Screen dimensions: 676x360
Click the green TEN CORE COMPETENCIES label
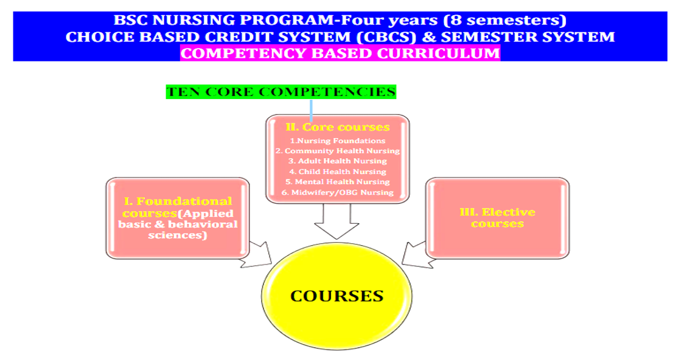tap(281, 92)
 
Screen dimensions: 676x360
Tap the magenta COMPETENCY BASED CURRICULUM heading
tap(340, 54)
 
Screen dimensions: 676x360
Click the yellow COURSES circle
tap(336, 296)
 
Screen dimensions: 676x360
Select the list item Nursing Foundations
tap(338, 141)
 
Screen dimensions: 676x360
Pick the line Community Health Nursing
tap(338, 151)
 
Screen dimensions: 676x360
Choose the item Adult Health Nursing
tap(338, 161)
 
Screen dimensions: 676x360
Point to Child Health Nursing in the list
tap(338, 171)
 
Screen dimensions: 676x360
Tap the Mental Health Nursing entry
tap(338, 182)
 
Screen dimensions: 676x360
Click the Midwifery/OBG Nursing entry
tap(338, 193)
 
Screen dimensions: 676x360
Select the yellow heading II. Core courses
tap(338, 127)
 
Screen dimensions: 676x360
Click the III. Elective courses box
tap(498, 218)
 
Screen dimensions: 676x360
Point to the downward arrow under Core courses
tap(336, 221)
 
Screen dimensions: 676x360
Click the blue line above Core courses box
tap(312, 111)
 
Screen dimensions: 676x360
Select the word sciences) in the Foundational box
tap(178, 235)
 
